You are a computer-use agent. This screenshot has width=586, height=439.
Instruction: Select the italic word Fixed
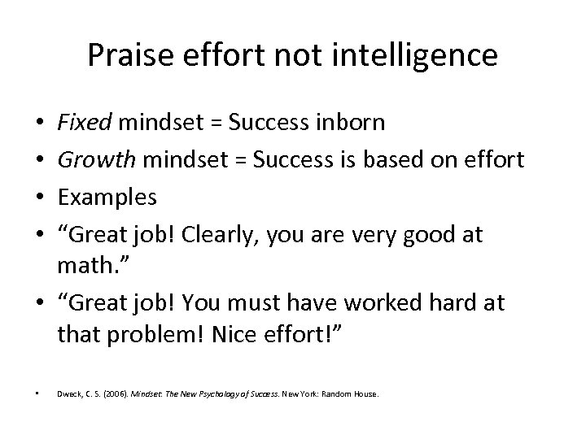[x=86, y=123]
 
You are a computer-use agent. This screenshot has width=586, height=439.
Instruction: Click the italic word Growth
[x=98, y=160]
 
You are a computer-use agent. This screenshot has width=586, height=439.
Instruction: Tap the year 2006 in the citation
[x=112, y=394]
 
